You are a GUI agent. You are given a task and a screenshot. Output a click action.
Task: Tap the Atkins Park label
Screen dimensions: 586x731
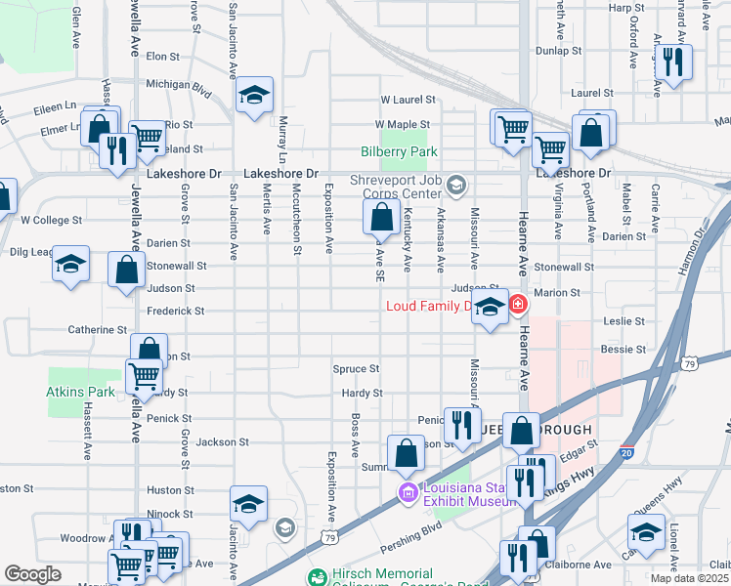coord(75,392)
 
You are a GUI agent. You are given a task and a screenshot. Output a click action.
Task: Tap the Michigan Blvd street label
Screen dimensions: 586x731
coord(179,85)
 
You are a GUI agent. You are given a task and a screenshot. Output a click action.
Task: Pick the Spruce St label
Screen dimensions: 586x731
coord(356,369)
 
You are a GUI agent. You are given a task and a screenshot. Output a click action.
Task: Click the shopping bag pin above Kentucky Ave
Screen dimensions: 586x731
coord(382,218)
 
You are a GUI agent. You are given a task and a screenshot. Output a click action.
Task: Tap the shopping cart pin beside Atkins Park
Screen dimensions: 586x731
coord(144,376)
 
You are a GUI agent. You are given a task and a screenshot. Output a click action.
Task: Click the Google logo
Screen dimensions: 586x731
coord(32,574)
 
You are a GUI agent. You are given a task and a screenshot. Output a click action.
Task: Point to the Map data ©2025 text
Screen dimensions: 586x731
coord(690,578)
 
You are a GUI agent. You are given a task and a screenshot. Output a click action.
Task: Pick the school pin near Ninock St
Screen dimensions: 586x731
coord(248,504)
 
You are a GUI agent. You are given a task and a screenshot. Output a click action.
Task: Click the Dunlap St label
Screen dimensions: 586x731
coord(559,50)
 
